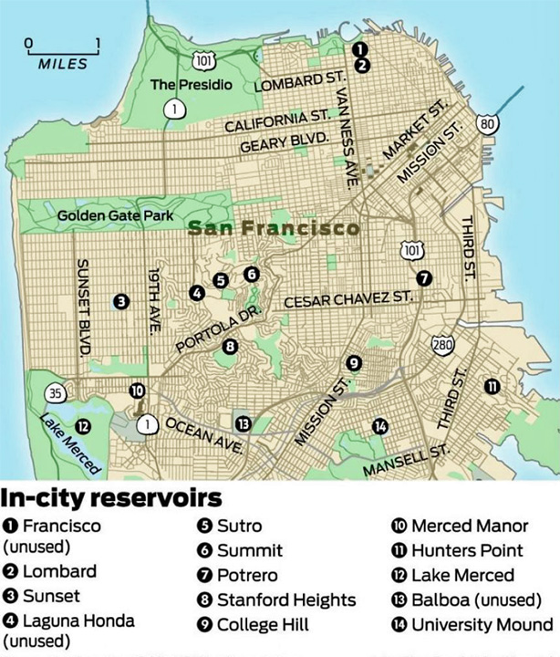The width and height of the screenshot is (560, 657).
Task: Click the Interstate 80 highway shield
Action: (x=489, y=123)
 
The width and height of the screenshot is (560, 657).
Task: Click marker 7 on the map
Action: (x=422, y=277)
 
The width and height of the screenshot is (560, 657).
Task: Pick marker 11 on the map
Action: (x=493, y=386)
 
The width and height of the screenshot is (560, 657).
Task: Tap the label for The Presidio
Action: (x=191, y=85)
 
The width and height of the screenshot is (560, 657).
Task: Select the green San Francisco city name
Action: (x=274, y=229)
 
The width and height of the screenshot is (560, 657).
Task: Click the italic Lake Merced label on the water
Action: (x=68, y=443)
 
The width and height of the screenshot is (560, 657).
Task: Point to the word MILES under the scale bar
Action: (x=63, y=64)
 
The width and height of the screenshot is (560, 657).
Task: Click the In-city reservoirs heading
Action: (x=111, y=499)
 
